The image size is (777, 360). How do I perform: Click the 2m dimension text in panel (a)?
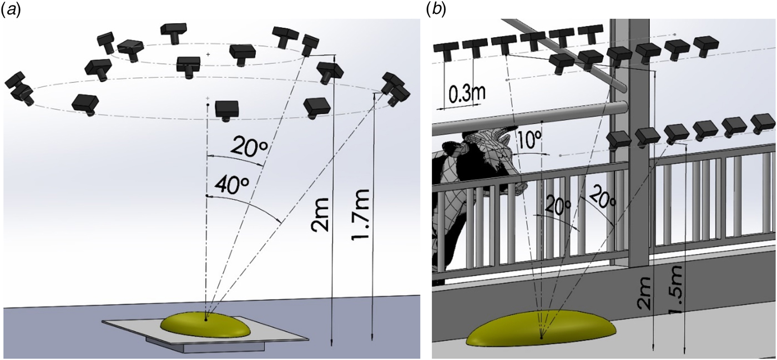coord(322,214)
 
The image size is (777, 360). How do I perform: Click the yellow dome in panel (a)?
coord(205,326)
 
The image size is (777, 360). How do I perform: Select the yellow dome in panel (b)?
coord(541,329)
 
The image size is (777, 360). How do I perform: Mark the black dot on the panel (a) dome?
coord(206,320)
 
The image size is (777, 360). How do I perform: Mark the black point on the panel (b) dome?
coord(542,337)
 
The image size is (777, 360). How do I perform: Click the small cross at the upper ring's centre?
coord(208,54)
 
